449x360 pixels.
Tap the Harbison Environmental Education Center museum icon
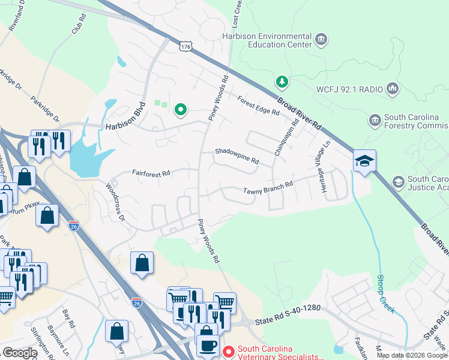(x=321, y=40)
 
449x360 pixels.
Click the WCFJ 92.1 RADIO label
(x=349, y=89)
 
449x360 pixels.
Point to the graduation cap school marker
(x=364, y=161)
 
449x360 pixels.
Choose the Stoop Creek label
(x=385, y=293)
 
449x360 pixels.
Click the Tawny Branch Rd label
(x=268, y=188)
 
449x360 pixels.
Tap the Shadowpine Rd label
(x=237, y=157)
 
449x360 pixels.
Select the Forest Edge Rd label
(x=258, y=106)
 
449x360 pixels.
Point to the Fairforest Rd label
(x=151, y=173)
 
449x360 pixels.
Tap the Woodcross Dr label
(x=115, y=202)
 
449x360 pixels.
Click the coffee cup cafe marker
(x=208, y=346)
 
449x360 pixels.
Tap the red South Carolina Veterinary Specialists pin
(x=228, y=350)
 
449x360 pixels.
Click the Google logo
(x=19, y=353)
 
